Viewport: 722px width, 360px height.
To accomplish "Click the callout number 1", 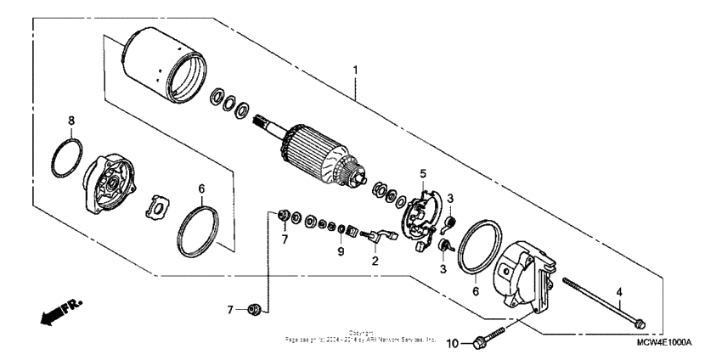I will point(357,67).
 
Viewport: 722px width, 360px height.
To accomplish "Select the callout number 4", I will point(620,291).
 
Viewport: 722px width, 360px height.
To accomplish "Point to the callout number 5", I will point(421,174).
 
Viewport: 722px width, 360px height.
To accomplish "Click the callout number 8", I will point(71,121).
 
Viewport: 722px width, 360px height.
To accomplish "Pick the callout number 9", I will point(340,251).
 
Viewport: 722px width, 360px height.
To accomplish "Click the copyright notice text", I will point(361,338).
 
